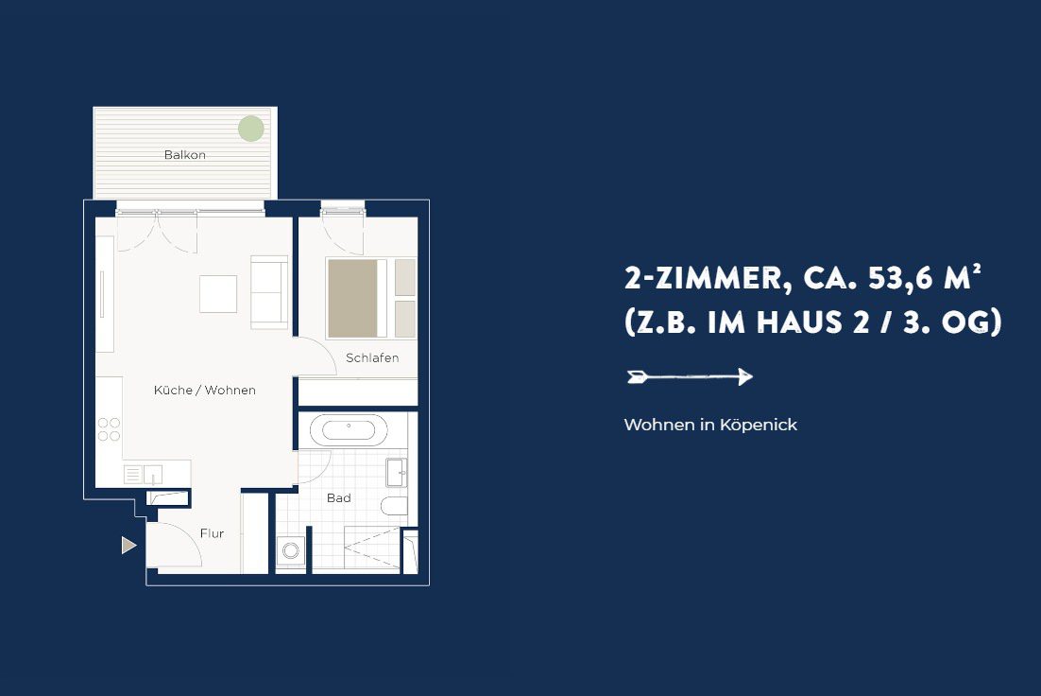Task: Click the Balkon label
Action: tap(184, 155)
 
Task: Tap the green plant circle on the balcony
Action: tap(251, 129)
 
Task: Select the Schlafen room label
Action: tap(372, 357)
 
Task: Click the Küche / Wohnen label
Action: tap(204, 391)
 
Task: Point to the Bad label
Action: tap(338, 498)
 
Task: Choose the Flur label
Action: tap(212, 533)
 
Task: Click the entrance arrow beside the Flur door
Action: tap(128, 545)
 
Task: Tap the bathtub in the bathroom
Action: tap(349, 430)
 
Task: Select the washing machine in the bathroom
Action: tap(291, 550)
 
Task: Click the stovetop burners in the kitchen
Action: tap(109, 429)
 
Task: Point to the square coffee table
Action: tap(218, 294)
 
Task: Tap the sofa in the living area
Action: tap(269, 292)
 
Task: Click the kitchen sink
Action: tap(153, 475)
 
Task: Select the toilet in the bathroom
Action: tap(394, 506)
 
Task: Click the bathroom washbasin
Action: tap(397, 473)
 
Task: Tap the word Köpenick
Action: tap(759, 425)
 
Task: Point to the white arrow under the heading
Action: tap(690, 377)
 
